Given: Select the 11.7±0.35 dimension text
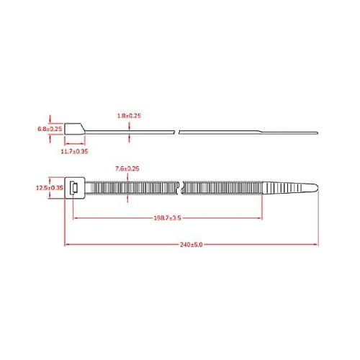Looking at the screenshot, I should pyautogui.click(x=74, y=152).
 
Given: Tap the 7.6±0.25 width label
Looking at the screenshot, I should pyautogui.click(x=127, y=168).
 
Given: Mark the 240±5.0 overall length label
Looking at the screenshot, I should pyautogui.click(x=190, y=245).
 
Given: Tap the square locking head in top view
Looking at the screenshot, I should pyautogui.click(x=75, y=188).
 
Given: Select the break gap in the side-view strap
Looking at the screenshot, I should pyautogui.click(x=177, y=131).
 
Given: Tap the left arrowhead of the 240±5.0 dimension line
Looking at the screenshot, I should pyautogui.click(x=67, y=245).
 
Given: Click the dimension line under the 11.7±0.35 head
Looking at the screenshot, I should pyautogui.click(x=74, y=145).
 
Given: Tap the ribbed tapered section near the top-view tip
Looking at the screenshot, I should pyautogui.click(x=284, y=189).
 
